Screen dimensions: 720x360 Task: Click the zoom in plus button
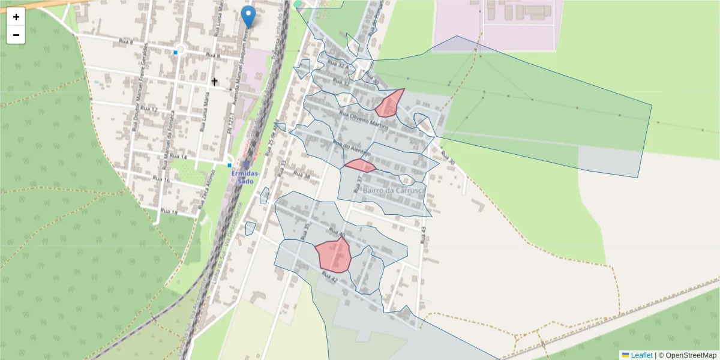[x=16, y=17]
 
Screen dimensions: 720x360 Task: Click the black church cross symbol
[x=215, y=81]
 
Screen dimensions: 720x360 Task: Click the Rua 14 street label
[x=179, y=157]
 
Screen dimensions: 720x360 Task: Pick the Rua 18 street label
[x=169, y=212]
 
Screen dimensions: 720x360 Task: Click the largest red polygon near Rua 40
[x=334, y=255]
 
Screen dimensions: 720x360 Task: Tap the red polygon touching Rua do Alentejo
[x=360, y=166]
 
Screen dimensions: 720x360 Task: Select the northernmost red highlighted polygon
[x=389, y=104]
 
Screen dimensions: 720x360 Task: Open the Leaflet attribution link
[x=641, y=355]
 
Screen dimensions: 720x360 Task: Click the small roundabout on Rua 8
[x=180, y=49]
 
